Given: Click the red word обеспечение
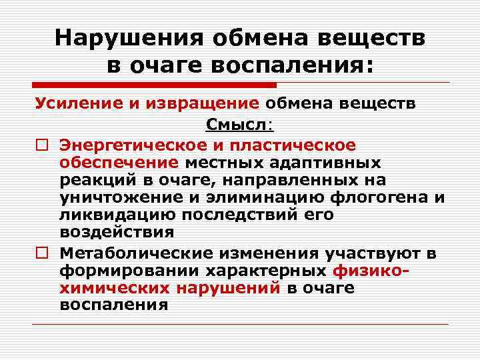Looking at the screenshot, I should (119, 163).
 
